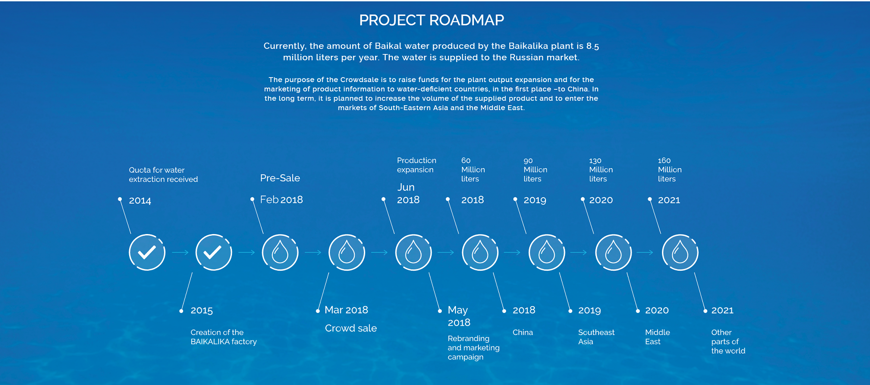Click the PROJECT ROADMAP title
click(431, 20)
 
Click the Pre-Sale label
click(280, 178)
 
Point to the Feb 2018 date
click(281, 200)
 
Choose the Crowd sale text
click(351, 328)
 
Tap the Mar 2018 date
click(347, 310)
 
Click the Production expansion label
click(416, 165)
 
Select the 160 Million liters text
click(670, 170)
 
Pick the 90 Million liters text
click(536, 170)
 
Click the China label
click(523, 332)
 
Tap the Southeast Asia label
click(596, 337)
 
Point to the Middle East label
click(657, 337)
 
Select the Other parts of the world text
click(728, 341)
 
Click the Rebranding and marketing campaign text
click(474, 348)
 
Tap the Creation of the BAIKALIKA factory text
click(223, 337)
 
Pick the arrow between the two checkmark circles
click(180, 253)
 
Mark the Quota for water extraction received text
click(163, 175)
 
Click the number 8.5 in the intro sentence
click(593, 46)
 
